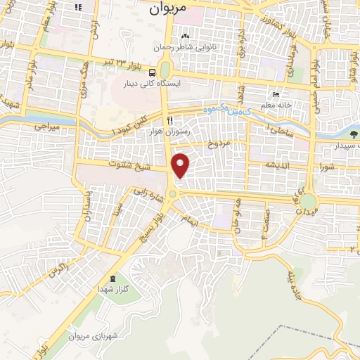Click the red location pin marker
click(x=181, y=165)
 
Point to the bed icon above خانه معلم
click(x=276, y=95)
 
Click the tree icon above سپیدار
click(x=354, y=133)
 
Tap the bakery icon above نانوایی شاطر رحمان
click(x=185, y=37)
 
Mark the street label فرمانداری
click(x=288, y=60)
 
